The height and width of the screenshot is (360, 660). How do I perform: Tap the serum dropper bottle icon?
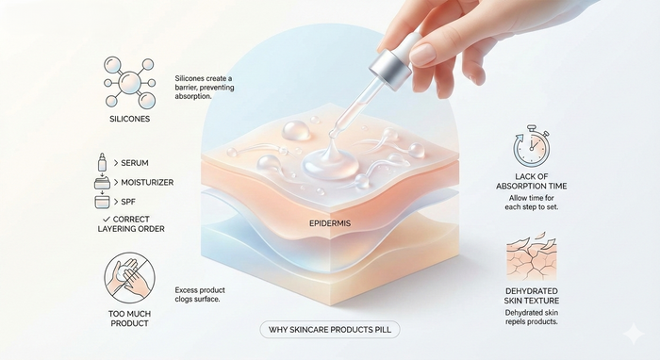coord(101,164)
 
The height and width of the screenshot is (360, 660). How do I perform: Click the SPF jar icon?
coord(102,202)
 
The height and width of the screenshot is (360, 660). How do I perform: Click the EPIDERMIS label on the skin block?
coord(329,225)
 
